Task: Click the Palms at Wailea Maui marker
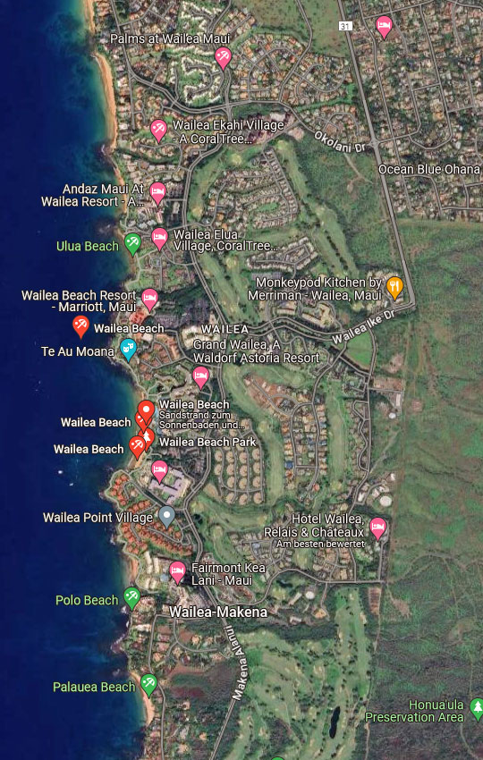[x=223, y=57]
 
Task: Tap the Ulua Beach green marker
[x=132, y=242]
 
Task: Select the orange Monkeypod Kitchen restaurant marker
[x=394, y=286]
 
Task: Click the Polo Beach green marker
[x=132, y=597]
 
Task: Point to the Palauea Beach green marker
[x=149, y=684]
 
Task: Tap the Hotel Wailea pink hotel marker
[x=377, y=528]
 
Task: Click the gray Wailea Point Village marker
[x=166, y=516]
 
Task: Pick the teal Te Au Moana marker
[x=128, y=349]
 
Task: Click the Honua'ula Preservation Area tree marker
[x=477, y=708]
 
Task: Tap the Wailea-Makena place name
[x=218, y=612]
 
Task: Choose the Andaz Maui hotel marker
[x=157, y=192]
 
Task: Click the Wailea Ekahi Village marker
[x=158, y=130]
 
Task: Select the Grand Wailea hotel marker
[x=200, y=376]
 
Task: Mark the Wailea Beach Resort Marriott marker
[x=149, y=297]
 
